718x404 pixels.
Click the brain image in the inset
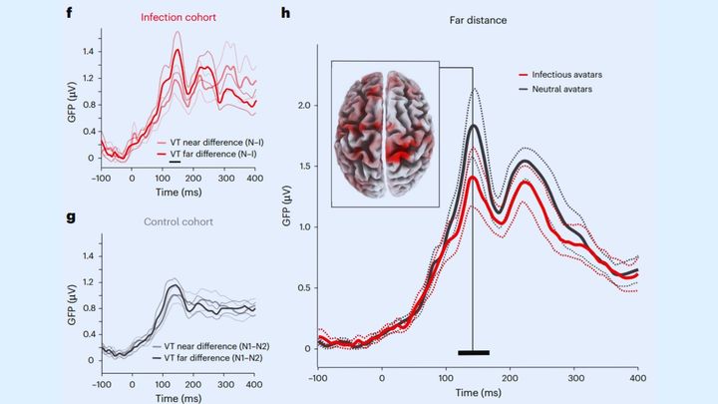(387, 131)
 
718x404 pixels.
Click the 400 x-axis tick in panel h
(638, 378)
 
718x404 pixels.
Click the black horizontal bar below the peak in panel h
(474, 352)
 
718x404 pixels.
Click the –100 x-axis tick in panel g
(102, 383)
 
